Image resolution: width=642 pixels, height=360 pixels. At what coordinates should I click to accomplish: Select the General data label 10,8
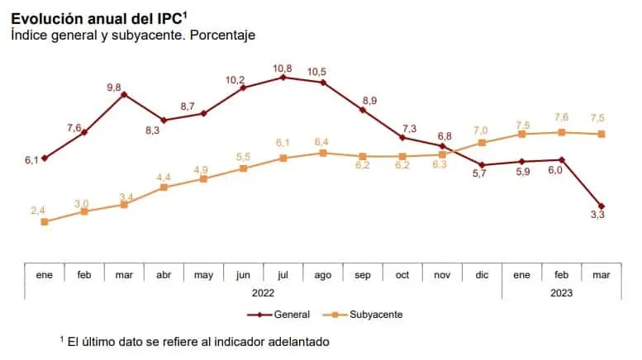coord(283,65)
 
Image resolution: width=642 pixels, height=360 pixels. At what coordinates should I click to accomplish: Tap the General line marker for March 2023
coord(602,206)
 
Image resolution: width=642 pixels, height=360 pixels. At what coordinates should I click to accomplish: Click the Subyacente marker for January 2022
coord(45,221)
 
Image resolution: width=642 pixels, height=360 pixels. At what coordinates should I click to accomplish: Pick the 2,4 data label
coord(39,211)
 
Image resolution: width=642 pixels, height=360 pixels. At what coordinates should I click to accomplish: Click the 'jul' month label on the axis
coord(283,275)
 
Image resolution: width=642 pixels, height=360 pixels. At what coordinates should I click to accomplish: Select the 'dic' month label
coord(482,275)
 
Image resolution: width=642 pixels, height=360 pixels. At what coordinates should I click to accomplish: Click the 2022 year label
coord(263,292)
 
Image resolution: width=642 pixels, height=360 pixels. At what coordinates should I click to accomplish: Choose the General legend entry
coord(278,315)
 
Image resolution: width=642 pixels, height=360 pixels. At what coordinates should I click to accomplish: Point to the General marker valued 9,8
coord(124,94)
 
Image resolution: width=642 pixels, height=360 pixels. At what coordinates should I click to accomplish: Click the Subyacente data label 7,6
coord(562,117)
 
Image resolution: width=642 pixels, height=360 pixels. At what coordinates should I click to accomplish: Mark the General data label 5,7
coord(479,173)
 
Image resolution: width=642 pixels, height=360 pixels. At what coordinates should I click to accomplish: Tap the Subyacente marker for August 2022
coord(323,153)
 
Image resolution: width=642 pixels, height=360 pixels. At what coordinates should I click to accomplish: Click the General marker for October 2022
coord(402,137)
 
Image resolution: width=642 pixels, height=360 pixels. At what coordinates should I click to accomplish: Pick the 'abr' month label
coord(164,275)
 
